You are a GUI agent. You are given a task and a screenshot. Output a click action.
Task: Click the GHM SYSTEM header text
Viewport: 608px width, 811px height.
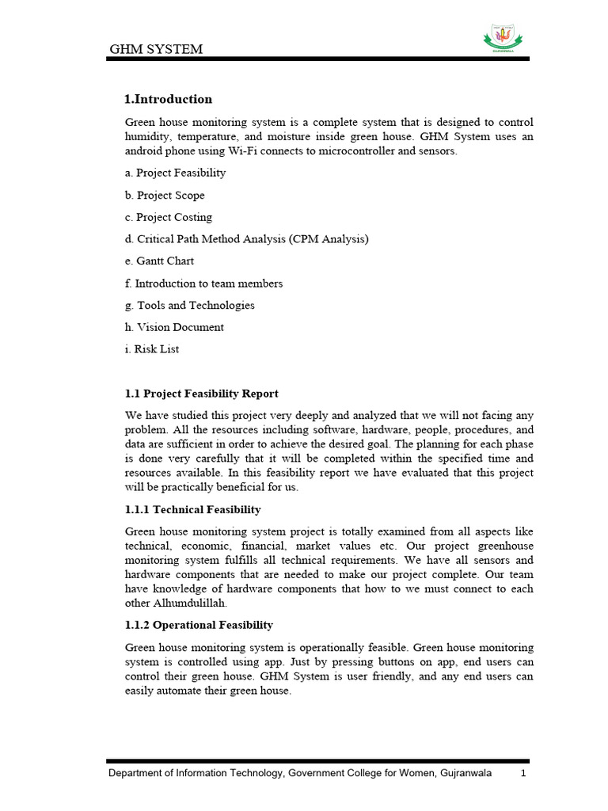pos(156,49)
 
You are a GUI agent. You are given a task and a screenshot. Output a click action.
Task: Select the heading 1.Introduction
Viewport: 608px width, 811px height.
pos(169,99)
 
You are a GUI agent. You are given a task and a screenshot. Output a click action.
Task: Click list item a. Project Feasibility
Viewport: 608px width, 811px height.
pos(175,173)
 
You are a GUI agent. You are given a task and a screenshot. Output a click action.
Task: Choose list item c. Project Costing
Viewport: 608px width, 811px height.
pos(169,217)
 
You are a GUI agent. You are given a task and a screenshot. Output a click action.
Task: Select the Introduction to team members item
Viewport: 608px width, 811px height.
pos(204,283)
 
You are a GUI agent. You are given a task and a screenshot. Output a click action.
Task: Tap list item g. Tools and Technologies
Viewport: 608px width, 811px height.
pos(190,305)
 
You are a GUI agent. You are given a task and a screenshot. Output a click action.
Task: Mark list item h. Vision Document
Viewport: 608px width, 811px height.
pos(174,327)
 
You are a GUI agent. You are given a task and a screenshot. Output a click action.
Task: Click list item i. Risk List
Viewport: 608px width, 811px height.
pos(152,348)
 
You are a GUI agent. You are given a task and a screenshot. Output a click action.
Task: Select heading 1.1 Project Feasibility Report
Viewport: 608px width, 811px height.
pos(202,394)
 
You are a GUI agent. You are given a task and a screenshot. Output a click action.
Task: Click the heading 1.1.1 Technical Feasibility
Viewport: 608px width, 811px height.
pos(193,509)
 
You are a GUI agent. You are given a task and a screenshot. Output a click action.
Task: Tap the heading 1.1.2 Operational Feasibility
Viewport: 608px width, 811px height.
pos(199,625)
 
